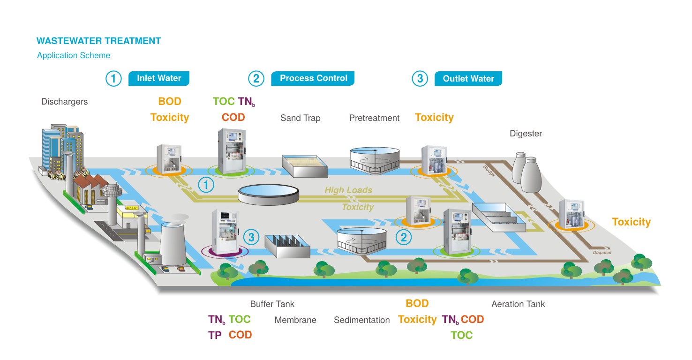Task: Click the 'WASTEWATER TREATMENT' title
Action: click(x=98, y=41)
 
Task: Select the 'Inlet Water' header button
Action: click(x=159, y=78)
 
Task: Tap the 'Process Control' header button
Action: click(x=313, y=78)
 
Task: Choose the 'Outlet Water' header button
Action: click(x=468, y=79)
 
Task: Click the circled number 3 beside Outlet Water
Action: click(x=420, y=79)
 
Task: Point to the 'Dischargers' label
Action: click(x=64, y=102)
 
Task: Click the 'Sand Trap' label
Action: click(x=300, y=118)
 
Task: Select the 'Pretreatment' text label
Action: click(x=374, y=118)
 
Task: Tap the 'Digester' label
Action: click(x=526, y=134)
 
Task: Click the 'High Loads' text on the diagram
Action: click(x=348, y=190)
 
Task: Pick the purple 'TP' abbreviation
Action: click(x=215, y=335)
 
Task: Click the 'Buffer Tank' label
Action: click(x=272, y=304)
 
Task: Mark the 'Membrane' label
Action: click(x=295, y=320)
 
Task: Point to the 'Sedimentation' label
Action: click(x=361, y=320)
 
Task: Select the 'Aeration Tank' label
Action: click(x=518, y=304)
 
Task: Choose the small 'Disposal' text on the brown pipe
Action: click(x=602, y=253)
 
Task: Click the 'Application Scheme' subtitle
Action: click(x=74, y=55)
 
